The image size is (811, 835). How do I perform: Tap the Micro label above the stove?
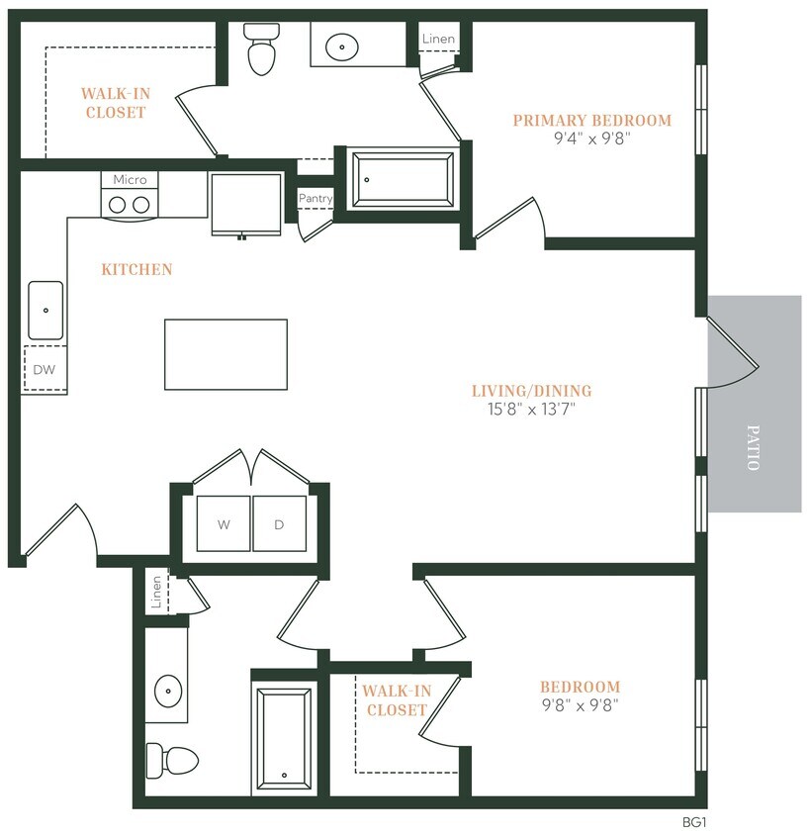(130, 179)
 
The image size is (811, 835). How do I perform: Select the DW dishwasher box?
(44, 369)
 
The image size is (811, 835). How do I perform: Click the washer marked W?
(224, 523)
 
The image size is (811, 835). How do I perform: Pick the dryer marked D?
(279, 523)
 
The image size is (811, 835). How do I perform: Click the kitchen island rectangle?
(225, 354)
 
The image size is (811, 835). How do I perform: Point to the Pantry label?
(315, 199)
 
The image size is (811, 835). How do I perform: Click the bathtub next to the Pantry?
(405, 179)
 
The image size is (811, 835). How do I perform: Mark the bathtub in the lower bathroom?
(285, 737)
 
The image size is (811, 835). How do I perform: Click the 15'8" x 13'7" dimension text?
(524, 409)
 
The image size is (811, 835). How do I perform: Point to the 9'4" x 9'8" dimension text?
(591, 139)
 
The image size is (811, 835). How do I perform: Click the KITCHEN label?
(136, 269)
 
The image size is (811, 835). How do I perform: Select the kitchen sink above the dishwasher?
(45, 310)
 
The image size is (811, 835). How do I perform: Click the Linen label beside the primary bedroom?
(438, 39)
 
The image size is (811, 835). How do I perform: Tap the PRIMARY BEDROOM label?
(591, 121)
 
